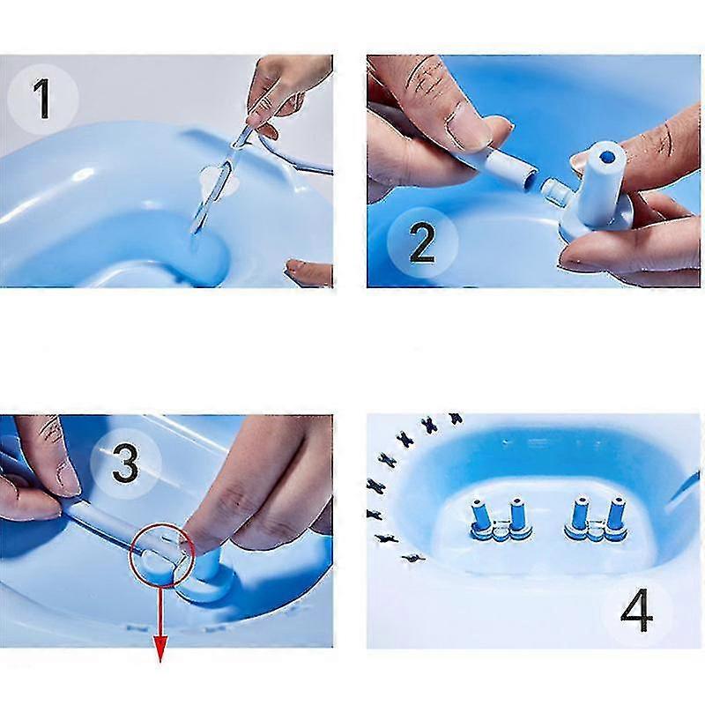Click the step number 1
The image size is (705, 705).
click(42, 99)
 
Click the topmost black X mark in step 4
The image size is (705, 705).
click(455, 419)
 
